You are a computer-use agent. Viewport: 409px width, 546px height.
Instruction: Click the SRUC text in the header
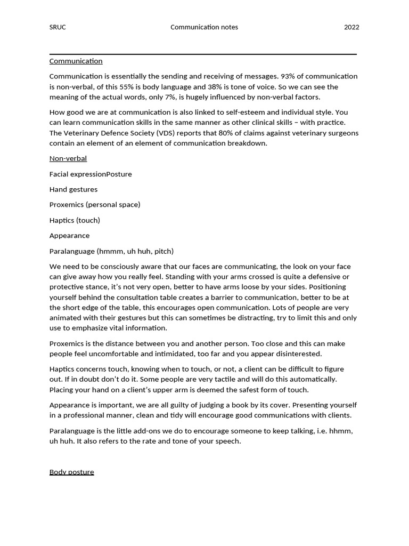click(x=58, y=27)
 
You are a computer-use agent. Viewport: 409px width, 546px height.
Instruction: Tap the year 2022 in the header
click(x=351, y=27)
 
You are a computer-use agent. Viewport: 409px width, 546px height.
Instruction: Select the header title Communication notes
click(x=204, y=27)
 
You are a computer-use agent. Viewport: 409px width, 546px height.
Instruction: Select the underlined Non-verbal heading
click(x=68, y=158)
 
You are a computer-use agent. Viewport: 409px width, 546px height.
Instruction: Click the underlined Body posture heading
click(x=71, y=472)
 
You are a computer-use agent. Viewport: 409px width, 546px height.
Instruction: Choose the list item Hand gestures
click(x=73, y=189)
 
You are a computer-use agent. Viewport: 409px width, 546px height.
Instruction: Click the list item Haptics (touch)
click(x=75, y=220)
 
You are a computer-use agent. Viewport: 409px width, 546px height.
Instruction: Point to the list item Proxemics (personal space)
click(x=95, y=205)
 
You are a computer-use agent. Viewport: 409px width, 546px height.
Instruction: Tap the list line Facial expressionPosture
click(x=91, y=174)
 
